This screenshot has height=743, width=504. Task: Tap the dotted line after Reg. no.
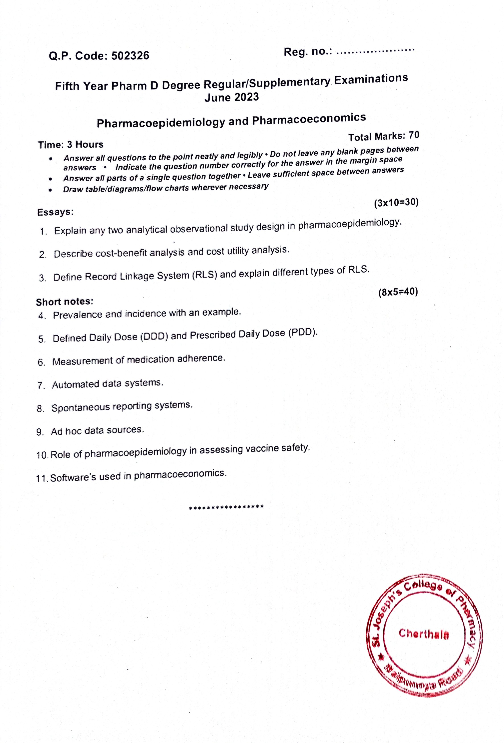pos(376,51)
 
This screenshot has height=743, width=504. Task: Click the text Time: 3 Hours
pos(71,145)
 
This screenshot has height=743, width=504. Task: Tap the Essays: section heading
pos(55,212)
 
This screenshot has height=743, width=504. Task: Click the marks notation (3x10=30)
pos(396,203)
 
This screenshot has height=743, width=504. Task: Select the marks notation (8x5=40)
pos(398,292)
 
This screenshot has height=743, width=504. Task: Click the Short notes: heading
pos(65,302)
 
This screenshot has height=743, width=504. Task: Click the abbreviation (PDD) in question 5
pos(303,333)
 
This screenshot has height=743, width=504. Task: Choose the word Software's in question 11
pos(73,478)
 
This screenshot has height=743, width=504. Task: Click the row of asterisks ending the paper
pos(226,507)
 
